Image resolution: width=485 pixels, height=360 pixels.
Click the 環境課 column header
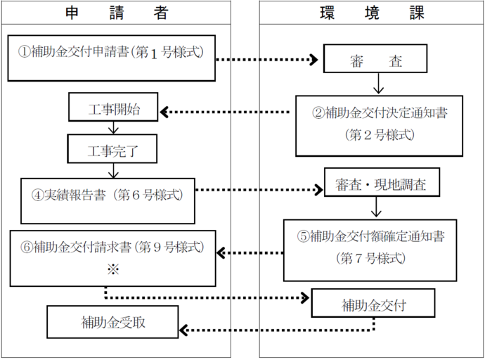click(370, 12)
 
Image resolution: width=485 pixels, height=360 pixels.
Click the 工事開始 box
click(114, 110)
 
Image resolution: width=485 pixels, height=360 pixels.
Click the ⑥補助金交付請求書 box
click(112, 257)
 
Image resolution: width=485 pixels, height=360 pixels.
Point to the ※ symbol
click(112, 269)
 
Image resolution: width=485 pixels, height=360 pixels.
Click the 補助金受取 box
click(112, 323)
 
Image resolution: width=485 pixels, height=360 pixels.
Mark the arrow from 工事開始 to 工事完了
click(113, 129)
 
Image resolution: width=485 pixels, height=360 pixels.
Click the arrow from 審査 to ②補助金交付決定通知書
click(378, 84)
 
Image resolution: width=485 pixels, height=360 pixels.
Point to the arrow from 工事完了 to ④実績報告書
click(113, 170)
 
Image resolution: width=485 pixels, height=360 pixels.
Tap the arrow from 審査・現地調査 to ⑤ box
click(378, 207)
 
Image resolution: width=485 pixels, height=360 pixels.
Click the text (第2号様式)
click(379, 133)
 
